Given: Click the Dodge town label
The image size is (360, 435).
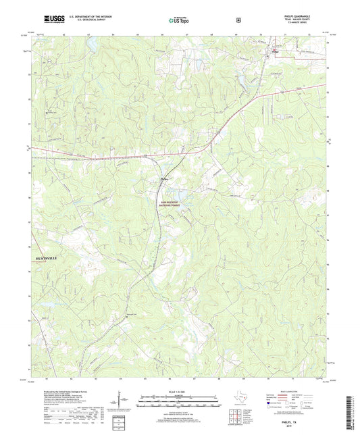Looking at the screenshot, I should (x=276, y=49).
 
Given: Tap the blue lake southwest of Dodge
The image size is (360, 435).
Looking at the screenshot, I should (x=199, y=66).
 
